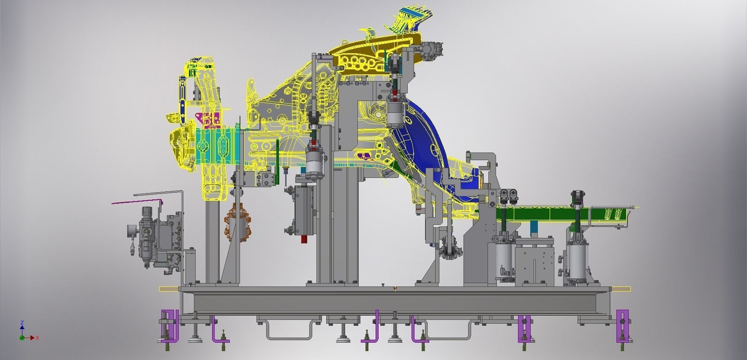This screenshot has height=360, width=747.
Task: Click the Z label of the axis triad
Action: (x=22, y=323)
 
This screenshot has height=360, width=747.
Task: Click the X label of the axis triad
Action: (x=38, y=338)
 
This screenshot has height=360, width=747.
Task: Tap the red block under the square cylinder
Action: (x=304, y=239)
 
